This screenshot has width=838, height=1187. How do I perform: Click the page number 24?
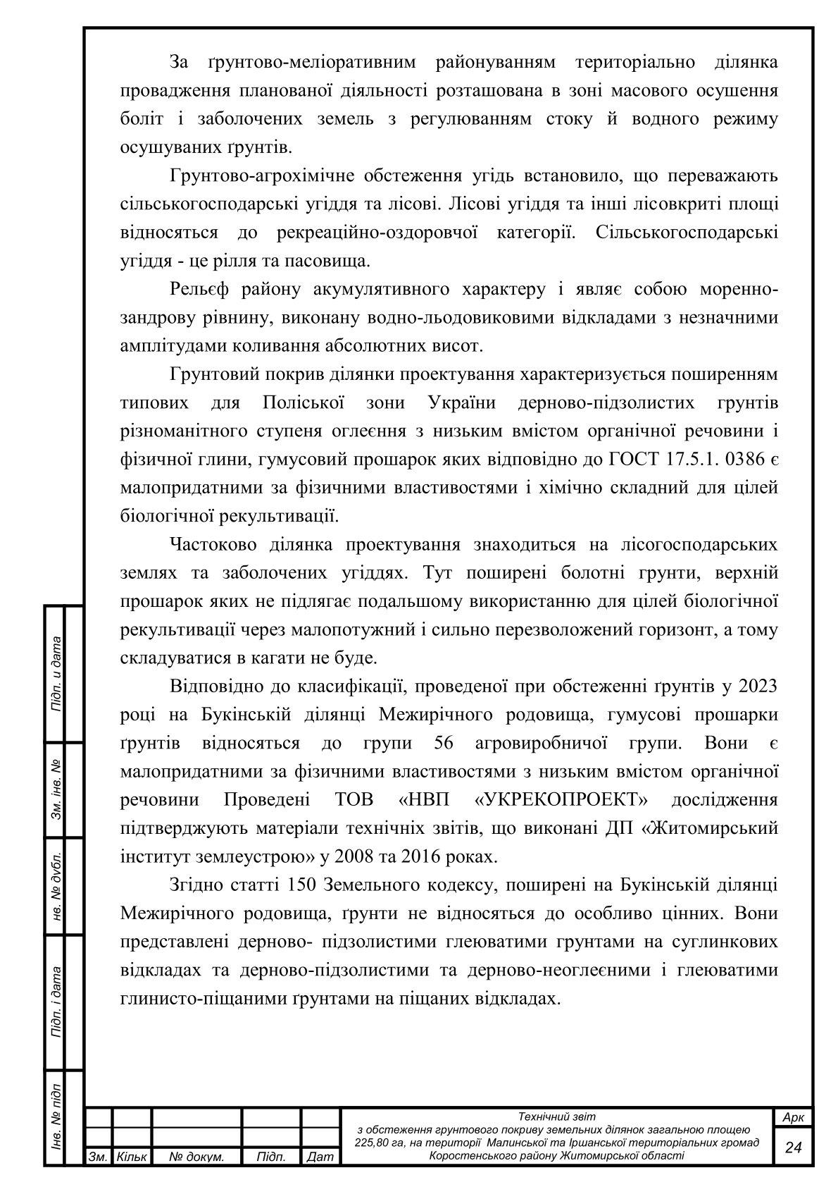pos(793,1148)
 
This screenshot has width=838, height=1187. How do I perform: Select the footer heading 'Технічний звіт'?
pos(556,1117)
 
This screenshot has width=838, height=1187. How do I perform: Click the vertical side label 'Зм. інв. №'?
pos(56,789)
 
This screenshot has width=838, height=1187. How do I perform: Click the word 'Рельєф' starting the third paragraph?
pos(200,289)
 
